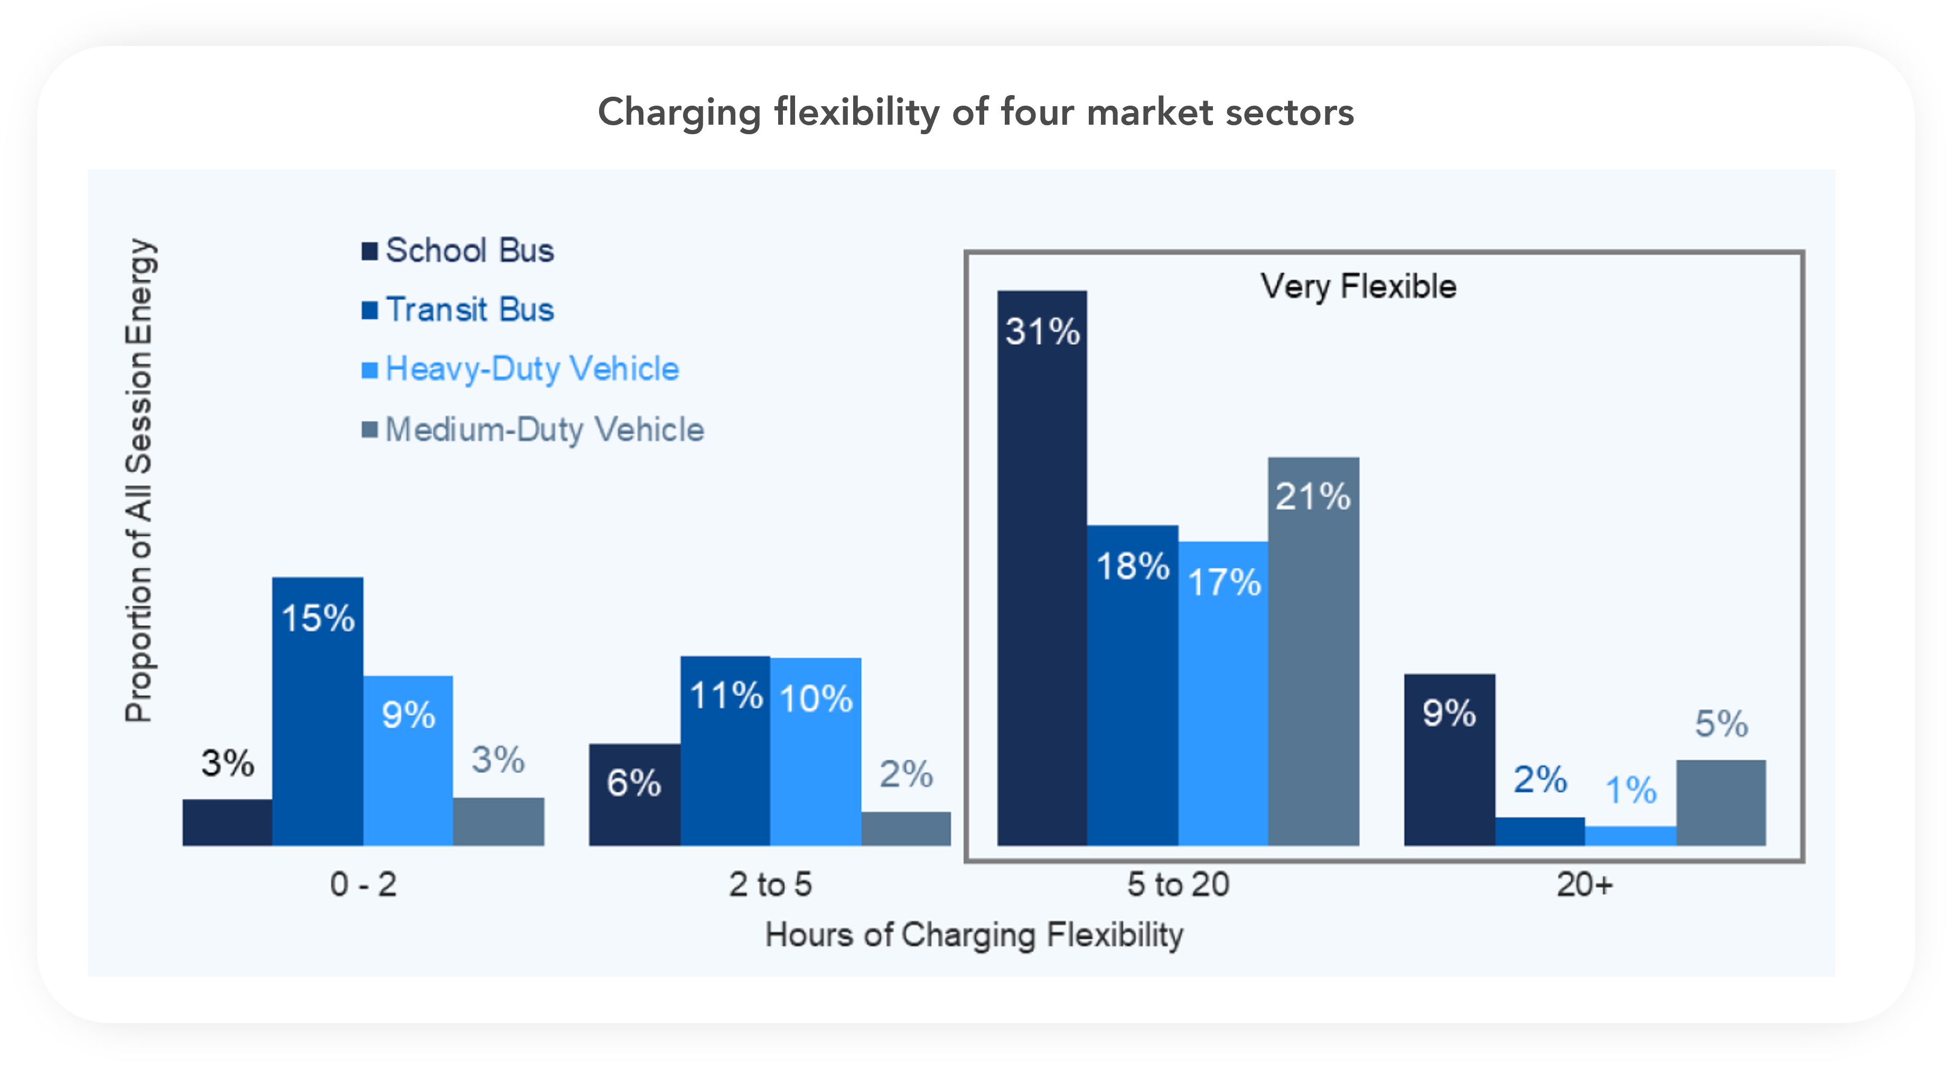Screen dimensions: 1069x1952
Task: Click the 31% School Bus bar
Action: tap(1042, 569)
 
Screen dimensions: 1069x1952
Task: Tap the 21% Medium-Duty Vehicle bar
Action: tap(1313, 652)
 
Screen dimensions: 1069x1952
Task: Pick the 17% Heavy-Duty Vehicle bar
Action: tap(1223, 694)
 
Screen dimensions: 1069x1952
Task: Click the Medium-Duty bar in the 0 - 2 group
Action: tap(498, 821)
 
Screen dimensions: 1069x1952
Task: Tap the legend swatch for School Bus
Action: tap(369, 251)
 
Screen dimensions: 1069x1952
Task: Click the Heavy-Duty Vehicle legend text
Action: tap(532, 369)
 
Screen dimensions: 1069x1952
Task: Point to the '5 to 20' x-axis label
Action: tap(1178, 885)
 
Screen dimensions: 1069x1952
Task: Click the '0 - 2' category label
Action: tap(363, 885)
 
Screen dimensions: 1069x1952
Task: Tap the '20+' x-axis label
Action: tap(1584, 885)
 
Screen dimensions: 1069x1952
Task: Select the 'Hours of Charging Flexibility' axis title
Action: tap(974, 935)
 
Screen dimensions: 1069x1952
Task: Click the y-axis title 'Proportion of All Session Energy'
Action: tap(139, 480)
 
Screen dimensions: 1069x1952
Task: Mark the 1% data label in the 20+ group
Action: tap(1631, 790)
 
